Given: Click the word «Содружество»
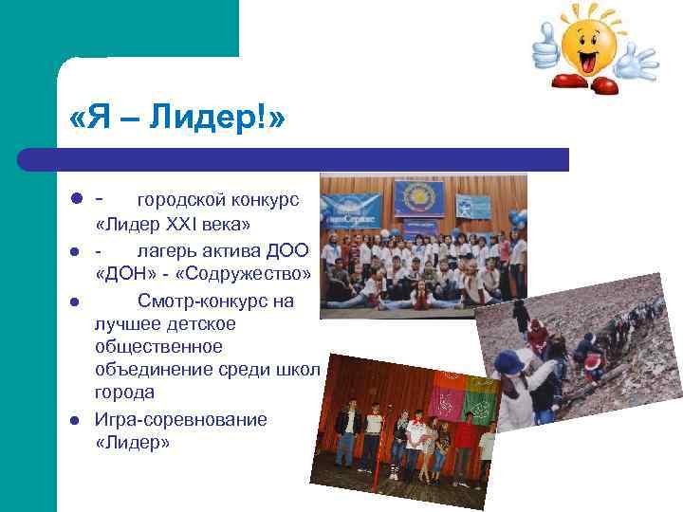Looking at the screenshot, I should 251,274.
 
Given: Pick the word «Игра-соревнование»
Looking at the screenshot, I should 180,419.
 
